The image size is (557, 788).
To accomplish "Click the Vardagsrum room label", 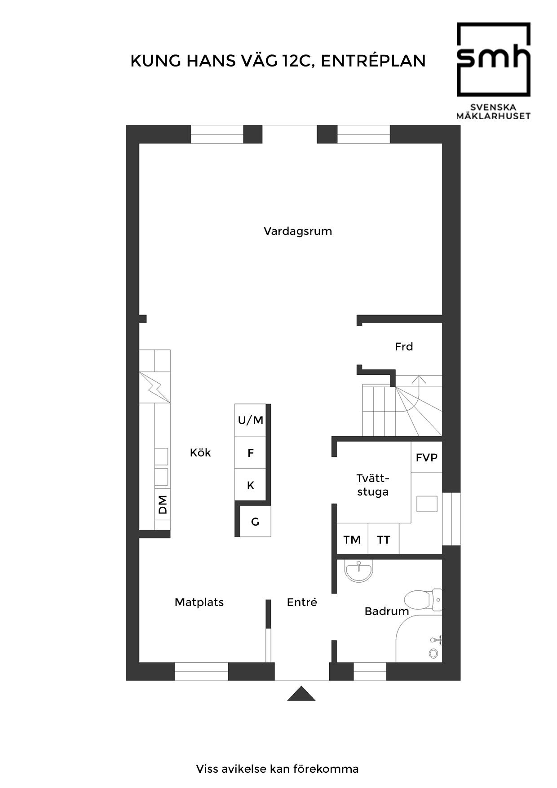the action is point(298,231).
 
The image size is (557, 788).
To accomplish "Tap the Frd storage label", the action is point(404,346).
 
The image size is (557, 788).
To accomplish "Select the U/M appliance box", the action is point(250,420).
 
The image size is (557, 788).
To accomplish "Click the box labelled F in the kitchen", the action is point(250,452).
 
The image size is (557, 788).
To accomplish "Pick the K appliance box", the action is point(250,485).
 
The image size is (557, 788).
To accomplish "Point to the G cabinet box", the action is point(255,521).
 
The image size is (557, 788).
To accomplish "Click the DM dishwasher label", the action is point(163,505).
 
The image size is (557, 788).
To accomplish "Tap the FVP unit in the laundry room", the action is point(427,457).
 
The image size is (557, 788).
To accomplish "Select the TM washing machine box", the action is point(352,539).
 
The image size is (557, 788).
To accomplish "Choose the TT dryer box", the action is point(383,539).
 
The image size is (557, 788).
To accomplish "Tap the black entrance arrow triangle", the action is point(301,694).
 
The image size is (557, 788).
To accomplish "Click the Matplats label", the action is point(199,602).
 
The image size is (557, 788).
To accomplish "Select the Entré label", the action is point(302,602).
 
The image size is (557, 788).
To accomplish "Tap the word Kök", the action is point(200,452).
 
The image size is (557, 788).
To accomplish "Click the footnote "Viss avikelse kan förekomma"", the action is point(278,769).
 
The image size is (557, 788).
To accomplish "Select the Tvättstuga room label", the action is point(373,485).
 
